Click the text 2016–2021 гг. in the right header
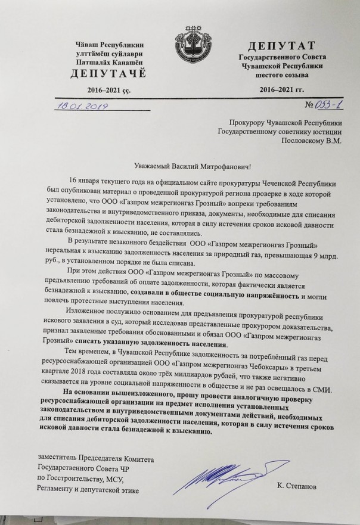[281, 89]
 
